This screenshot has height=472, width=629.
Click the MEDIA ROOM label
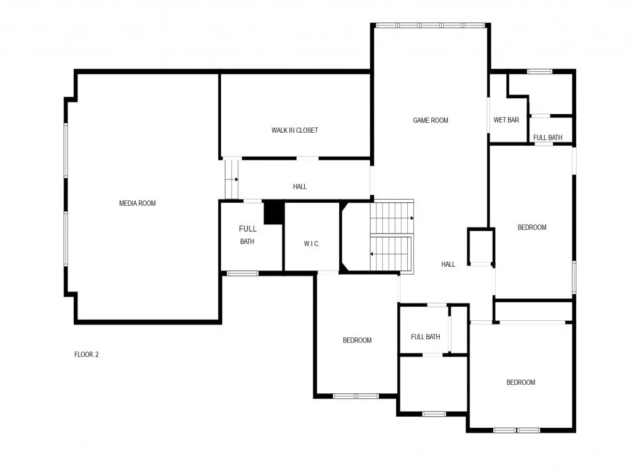click(137, 203)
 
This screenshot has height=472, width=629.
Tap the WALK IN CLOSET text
click(295, 130)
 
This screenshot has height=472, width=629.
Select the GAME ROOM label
click(430, 120)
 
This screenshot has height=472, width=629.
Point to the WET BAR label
click(506, 120)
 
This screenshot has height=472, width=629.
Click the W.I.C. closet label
click(311, 244)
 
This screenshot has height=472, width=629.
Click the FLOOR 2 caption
click(87, 354)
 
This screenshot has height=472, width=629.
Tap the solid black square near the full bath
click(273, 213)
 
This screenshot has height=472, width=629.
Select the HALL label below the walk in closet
click(300, 187)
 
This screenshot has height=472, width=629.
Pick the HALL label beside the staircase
click(448, 264)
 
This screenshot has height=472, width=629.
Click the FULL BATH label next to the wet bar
click(547, 138)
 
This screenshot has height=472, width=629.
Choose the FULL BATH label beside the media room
click(248, 235)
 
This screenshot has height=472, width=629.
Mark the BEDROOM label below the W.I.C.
click(357, 340)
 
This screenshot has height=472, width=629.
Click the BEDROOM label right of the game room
click(532, 227)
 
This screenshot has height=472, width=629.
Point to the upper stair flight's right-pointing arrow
click(411, 218)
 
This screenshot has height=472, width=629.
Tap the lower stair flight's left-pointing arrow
click(372, 253)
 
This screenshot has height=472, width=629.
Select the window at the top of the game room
click(430, 25)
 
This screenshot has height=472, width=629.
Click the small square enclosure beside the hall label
click(481, 247)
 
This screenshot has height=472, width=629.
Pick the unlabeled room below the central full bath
click(433, 384)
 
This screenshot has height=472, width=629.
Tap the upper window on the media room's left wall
click(66, 151)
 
